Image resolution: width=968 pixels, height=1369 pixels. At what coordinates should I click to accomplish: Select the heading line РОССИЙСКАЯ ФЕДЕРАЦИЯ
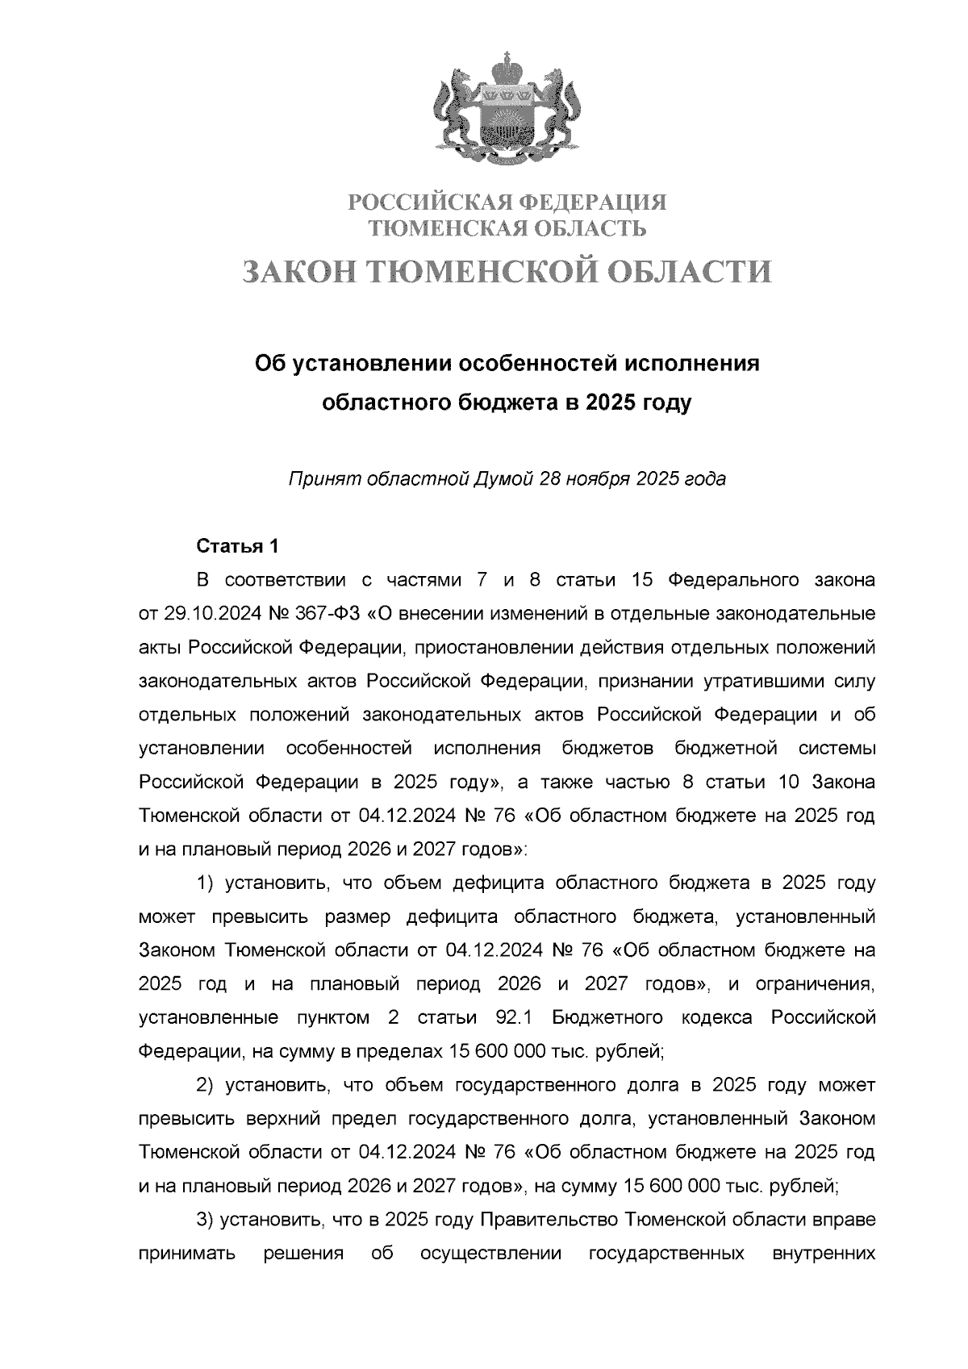point(507,202)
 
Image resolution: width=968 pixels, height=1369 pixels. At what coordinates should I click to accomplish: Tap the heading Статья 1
point(238,546)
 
